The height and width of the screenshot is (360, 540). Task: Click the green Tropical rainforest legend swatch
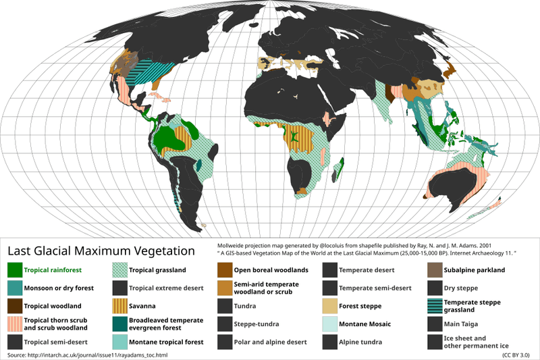[x=15, y=270]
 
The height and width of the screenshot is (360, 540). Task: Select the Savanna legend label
[x=144, y=306]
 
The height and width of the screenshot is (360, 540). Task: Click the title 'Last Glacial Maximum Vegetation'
[x=101, y=251]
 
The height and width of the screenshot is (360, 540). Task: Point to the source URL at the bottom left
[x=86, y=355]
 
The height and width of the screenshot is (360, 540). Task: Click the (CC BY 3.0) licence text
[x=516, y=355]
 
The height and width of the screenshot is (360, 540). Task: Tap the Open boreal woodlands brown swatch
[x=225, y=270]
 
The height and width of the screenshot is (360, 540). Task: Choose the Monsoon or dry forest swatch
[x=15, y=288]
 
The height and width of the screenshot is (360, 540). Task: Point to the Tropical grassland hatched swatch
[x=120, y=270]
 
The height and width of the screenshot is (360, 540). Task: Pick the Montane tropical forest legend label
[x=165, y=342]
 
